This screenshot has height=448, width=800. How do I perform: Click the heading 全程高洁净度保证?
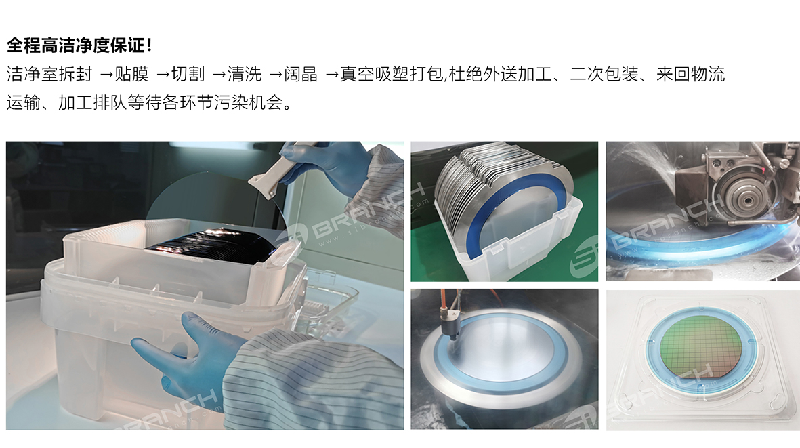point(76,45)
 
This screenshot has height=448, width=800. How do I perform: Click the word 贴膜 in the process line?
point(131,74)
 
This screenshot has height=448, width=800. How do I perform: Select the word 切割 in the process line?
point(188,74)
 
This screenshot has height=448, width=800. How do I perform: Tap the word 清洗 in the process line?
point(245,74)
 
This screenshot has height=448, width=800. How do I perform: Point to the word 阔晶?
point(301,74)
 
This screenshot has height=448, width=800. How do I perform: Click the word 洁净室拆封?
point(49,74)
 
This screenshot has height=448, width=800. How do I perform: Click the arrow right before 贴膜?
point(106,75)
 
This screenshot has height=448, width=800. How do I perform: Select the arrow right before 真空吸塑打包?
point(332,75)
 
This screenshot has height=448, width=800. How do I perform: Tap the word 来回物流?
point(690,74)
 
